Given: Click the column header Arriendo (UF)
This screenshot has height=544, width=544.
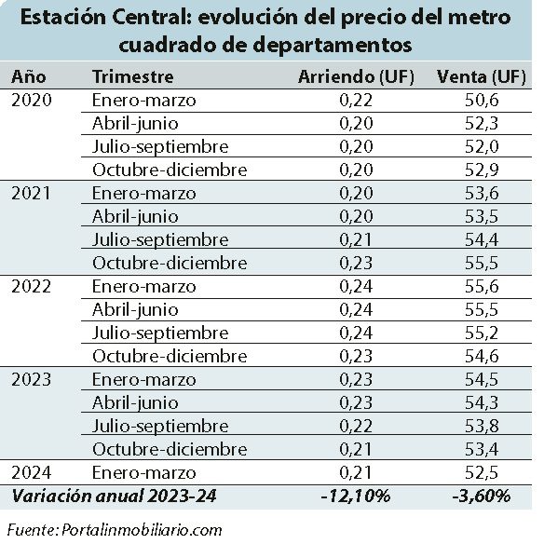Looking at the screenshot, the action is (356, 76).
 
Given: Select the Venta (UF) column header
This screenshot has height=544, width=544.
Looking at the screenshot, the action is (482, 76).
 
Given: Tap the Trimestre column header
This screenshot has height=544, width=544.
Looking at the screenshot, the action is (133, 76).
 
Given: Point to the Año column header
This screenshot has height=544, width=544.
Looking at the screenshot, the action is (29, 76).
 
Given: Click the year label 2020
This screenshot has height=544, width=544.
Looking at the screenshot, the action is (32, 100).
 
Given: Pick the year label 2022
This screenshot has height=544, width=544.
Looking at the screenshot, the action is (32, 286).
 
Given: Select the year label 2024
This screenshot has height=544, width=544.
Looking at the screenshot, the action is (32, 472).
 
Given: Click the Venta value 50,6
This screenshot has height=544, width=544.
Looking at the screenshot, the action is (482, 100).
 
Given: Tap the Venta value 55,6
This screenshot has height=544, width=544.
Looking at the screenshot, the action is (482, 286).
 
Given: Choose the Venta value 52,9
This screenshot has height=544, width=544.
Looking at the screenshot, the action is (482, 170).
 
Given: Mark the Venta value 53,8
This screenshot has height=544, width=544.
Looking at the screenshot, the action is (482, 426).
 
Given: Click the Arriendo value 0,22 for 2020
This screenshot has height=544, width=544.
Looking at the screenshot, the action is (356, 100).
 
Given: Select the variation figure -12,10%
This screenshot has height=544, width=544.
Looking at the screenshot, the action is (356, 496).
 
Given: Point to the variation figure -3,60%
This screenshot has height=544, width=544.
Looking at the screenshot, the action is (482, 496).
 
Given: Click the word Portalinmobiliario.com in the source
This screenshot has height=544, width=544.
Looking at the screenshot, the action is (142, 530).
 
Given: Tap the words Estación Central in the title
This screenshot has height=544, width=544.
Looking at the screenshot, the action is (105, 18).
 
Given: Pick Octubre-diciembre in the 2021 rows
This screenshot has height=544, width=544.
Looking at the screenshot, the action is (170, 263).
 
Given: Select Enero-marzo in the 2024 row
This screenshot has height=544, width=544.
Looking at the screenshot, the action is (144, 472).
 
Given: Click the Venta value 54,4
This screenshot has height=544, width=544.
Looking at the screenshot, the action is (482, 239).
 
